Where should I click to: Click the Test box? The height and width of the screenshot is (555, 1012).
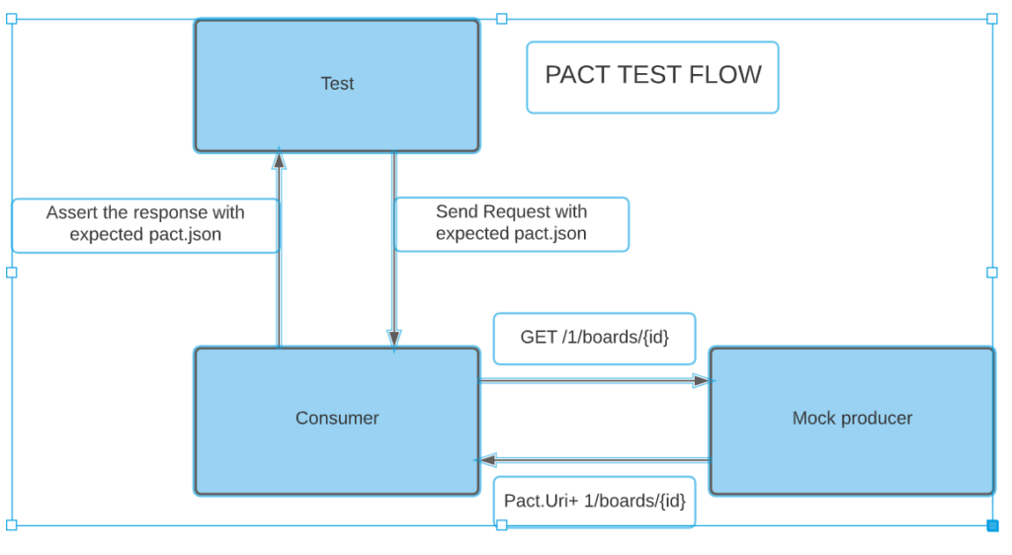(337, 85)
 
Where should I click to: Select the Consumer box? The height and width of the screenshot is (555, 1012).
(337, 420)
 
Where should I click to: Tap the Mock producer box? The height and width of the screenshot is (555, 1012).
(852, 420)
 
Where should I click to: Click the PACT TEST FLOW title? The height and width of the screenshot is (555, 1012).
(652, 76)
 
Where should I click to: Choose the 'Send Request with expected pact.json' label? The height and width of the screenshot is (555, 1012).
(511, 224)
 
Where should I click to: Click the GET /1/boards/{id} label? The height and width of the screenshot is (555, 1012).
(594, 338)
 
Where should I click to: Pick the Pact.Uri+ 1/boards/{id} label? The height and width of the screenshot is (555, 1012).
(594, 502)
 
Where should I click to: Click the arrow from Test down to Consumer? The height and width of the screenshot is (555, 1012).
(394, 296)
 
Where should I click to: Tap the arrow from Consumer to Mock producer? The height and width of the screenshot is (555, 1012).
(593, 380)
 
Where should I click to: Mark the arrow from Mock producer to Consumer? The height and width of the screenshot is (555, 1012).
(593, 460)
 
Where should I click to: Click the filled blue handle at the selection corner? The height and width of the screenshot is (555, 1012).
(992, 525)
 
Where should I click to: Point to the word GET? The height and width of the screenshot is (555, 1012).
(539, 338)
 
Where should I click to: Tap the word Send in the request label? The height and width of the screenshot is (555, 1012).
(456, 212)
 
